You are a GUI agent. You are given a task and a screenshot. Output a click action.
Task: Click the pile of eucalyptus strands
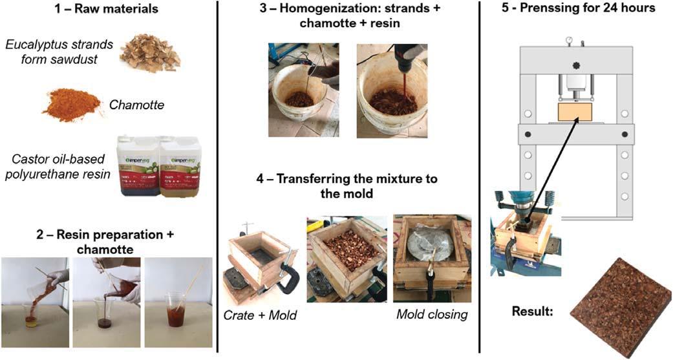click(x=150, y=54)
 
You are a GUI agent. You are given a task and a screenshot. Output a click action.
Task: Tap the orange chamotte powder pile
click(x=72, y=105)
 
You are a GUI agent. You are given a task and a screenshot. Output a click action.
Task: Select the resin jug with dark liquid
click(x=139, y=167)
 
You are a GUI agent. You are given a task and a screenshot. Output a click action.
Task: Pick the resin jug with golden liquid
click(x=180, y=167)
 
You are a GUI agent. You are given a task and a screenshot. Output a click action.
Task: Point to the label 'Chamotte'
click(x=136, y=105)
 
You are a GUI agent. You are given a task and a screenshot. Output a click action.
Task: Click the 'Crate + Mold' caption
click(x=260, y=315)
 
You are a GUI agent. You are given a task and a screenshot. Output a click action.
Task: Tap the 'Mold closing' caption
click(x=432, y=315)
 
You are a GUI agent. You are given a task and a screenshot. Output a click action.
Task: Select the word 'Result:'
click(x=532, y=310)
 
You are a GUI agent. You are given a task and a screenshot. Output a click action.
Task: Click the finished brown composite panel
click(x=621, y=307)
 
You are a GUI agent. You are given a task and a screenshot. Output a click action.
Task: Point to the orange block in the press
click(x=575, y=112)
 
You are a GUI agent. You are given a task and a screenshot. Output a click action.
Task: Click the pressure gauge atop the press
click(x=569, y=39)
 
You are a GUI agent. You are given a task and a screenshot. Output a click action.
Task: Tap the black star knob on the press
click(x=575, y=66)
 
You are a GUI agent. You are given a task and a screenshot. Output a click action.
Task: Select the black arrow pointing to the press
click(x=554, y=165)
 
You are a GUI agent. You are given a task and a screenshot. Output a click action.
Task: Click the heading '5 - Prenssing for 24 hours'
click(x=578, y=8)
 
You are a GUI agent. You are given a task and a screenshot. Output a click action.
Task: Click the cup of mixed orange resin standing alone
click(x=176, y=309)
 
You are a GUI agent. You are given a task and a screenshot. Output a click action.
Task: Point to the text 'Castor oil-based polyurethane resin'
click(x=58, y=167)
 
